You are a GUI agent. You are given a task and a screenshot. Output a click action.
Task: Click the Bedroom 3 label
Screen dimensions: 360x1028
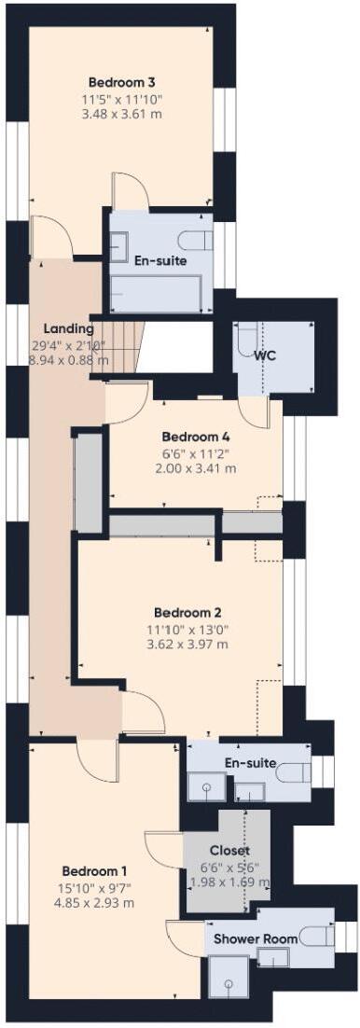pos(121,83)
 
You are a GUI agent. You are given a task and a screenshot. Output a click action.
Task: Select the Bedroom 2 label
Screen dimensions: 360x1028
pos(187,613)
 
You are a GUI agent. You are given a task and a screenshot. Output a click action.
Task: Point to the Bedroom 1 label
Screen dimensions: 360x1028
pos(94,871)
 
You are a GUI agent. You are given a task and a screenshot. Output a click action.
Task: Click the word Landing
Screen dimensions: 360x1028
pos(69,328)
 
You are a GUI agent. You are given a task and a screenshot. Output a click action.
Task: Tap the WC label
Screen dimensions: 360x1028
pos(264,356)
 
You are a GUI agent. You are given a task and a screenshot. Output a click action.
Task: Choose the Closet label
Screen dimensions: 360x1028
pos(229,851)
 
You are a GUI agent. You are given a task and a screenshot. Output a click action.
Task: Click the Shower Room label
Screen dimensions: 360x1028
pos(256,938)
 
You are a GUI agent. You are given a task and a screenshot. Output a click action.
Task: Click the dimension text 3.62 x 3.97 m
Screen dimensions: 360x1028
pos(187,645)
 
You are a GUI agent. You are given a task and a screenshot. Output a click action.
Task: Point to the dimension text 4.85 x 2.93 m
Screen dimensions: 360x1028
pos(94,903)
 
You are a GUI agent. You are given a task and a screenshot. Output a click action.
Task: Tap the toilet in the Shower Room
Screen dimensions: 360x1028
pos(316,937)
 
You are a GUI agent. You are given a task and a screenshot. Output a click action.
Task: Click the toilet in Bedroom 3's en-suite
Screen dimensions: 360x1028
pos(196,241)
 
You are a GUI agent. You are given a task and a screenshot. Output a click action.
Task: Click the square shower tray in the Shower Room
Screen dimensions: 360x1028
pos(228,977)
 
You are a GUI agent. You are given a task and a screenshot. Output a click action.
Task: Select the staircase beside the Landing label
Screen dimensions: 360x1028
pos(117,350)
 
